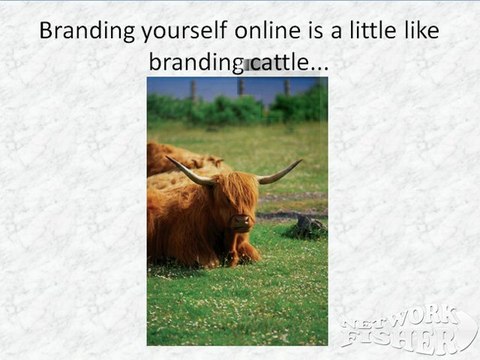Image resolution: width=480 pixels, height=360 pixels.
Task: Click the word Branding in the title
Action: coord(83,31)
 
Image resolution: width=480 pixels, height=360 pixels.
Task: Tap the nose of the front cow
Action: coord(241,222)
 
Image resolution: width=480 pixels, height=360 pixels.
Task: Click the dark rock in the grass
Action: coord(309,227)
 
